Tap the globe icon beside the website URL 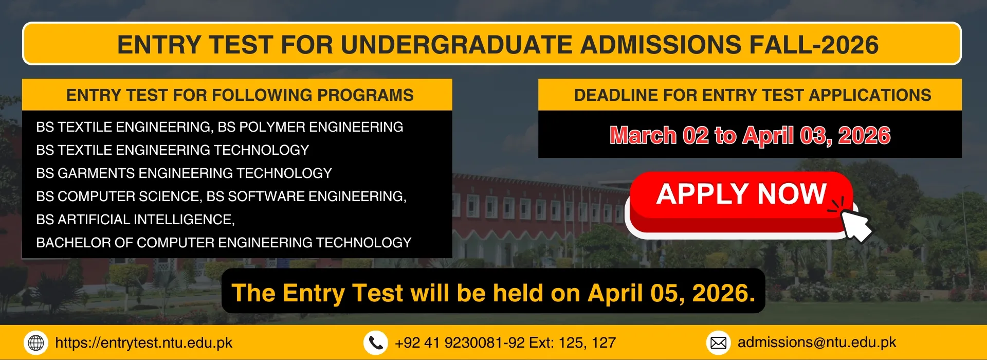click(x=36, y=343)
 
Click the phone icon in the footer click(x=376, y=343)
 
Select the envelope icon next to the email click(x=719, y=343)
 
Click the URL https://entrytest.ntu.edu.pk click(x=144, y=343)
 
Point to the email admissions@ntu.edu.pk click(x=817, y=343)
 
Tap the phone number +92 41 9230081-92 click(x=460, y=343)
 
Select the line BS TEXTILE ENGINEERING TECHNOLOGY click(x=173, y=150)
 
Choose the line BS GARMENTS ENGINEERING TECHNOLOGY click(x=184, y=173)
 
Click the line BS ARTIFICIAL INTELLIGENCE click(x=136, y=220)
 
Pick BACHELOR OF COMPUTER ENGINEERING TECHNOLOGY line click(x=224, y=243)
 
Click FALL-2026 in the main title click(x=814, y=45)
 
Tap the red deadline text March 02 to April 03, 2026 click(x=750, y=135)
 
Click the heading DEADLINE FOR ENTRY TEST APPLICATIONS click(x=753, y=95)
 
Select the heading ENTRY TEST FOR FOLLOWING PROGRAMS click(x=240, y=95)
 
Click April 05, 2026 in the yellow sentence click(x=671, y=294)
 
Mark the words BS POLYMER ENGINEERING click(x=310, y=127)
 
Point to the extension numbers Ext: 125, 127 click(x=572, y=343)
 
